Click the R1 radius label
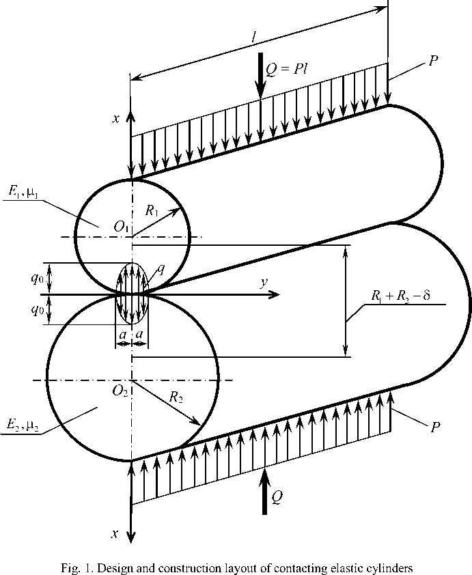154,211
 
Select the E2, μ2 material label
20,427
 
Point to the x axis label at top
117,118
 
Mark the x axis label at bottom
117,533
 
